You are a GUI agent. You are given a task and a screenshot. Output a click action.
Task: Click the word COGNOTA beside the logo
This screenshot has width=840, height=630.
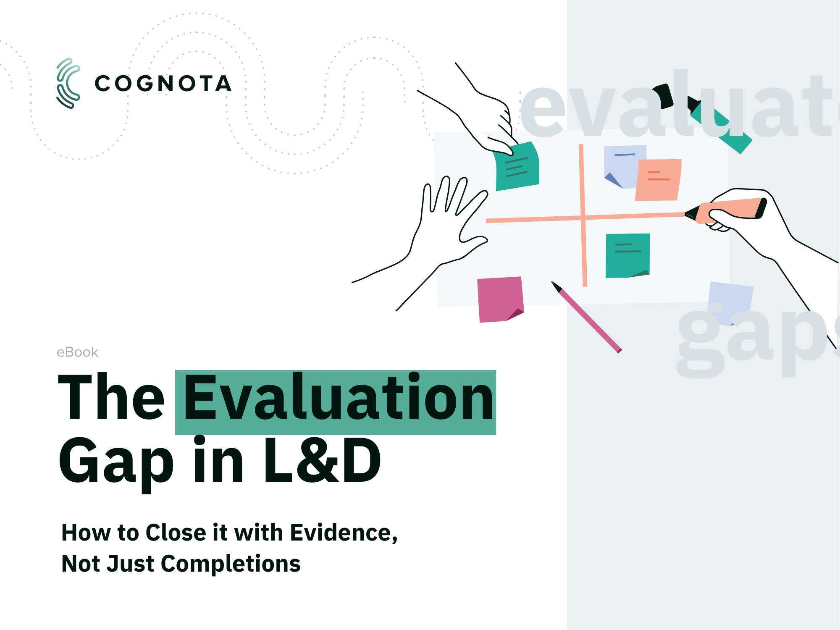(x=163, y=84)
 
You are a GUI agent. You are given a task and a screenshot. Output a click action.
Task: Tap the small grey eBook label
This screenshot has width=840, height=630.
(x=77, y=352)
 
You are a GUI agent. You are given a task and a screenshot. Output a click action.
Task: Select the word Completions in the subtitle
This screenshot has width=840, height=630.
(x=231, y=564)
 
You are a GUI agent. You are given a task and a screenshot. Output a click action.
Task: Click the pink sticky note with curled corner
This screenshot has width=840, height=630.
(x=501, y=299)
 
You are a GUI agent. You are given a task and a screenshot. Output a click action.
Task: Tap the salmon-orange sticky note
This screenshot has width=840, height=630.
(x=658, y=180)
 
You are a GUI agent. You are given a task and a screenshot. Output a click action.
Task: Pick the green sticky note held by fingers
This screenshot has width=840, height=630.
(x=517, y=167)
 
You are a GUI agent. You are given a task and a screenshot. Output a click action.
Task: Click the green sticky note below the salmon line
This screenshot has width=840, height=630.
(x=627, y=255)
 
